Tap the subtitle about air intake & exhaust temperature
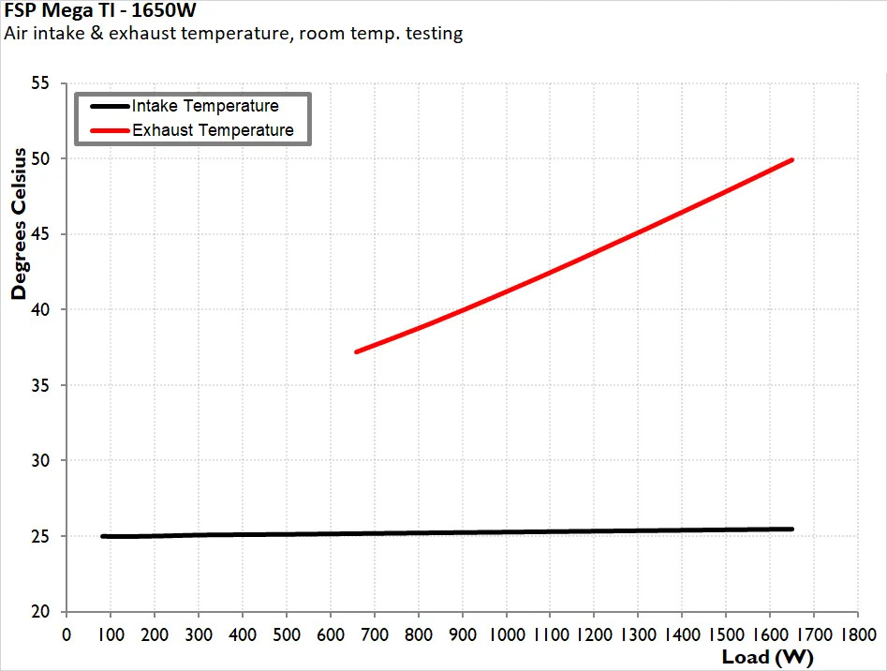tap(233, 35)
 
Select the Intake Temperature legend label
tap(205, 106)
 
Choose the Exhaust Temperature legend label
tap(213, 130)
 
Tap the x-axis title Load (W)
tap(767, 656)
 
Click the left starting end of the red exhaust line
tap(357, 351)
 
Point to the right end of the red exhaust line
tap(792, 159)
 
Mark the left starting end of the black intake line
tap(102, 536)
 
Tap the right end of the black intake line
tap(792, 529)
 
